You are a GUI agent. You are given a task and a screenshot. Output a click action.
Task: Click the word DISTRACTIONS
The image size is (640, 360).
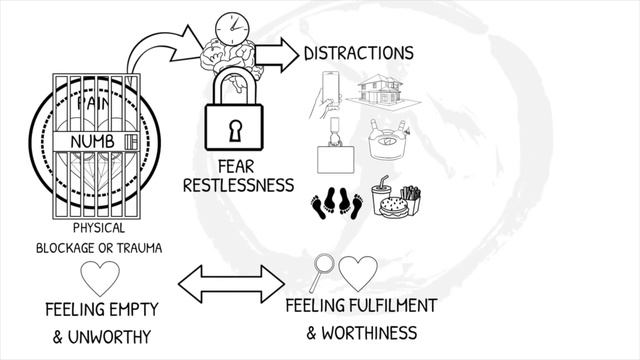pyautogui.click(x=359, y=53)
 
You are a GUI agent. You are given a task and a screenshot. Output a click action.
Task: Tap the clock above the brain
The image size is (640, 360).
pyautogui.click(x=232, y=29)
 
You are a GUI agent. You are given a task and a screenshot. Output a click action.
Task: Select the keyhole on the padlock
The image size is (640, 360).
pyautogui.click(x=235, y=131)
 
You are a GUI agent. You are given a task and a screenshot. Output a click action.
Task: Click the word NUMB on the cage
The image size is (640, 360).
pyautogui.click(x=92, y=142)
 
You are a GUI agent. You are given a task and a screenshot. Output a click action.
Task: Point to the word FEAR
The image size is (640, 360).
pyautogui.click(x=236, y=167)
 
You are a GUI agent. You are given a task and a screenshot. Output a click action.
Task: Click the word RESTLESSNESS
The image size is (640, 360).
pyautogui.click(x=238, y=185)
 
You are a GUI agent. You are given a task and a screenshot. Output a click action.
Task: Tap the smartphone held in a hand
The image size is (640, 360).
pyautogui.click(x=331, y=88)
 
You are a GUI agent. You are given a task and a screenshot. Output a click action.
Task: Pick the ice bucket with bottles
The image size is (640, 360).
pyautogui.click(x=388, y=140)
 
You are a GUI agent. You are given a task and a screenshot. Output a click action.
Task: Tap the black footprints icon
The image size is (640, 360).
pyautogui.click(x=337, y=203)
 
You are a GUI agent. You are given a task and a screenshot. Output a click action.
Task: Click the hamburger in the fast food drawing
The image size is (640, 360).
pyautogui.click(x=394, y=207)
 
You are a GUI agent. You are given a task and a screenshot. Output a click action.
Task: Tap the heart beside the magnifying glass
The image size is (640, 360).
pyautogui.click(x=358, y=273)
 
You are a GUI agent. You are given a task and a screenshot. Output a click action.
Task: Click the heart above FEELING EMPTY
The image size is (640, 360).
pyautogui.click(x=100, y=278)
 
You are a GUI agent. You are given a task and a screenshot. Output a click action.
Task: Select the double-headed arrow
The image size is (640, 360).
pyautogui.click(x=231, y=284)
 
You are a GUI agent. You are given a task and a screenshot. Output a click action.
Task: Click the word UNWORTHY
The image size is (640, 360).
pyautogui.click(x=109, y=337)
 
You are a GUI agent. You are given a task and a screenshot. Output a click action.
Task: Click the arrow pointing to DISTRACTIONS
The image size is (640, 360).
pyautogui.click(x=277, y=55)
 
